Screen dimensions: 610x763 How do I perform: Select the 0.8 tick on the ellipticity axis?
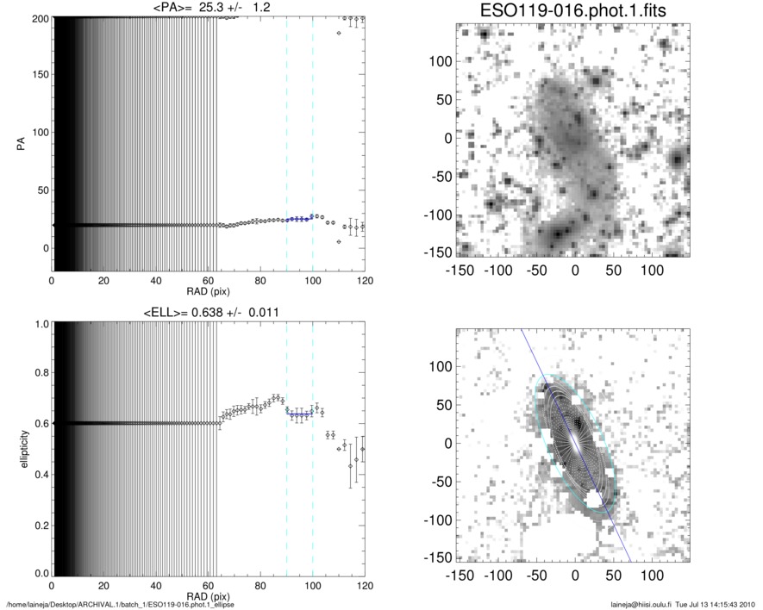point(38,374)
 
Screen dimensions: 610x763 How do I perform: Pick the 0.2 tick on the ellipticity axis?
point(38,524)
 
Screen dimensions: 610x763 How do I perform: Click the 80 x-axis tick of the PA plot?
point(260,279)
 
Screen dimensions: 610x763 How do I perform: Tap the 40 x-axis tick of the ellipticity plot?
point(156,585)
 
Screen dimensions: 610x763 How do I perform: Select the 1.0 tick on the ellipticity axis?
point(38,325)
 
